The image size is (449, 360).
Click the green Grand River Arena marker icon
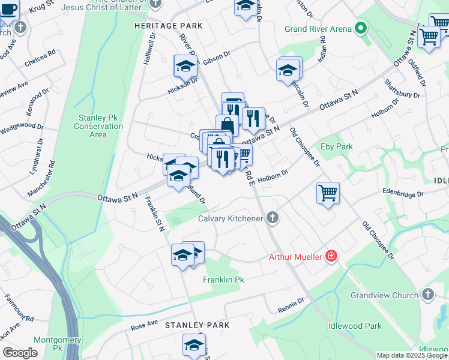click(360, 28)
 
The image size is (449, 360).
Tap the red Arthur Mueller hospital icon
click(330, 257)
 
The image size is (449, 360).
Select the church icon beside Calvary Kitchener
click(273, 218)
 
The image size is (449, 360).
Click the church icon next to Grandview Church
click(427, 295)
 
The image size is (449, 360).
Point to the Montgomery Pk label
click(49, 343)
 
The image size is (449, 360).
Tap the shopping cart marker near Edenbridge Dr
click(328, 193)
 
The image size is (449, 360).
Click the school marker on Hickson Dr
click(185, 65)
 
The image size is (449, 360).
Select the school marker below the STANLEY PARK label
click(194, 345)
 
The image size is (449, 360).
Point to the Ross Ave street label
click(144, 326)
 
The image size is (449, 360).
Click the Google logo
click(20, 353)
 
